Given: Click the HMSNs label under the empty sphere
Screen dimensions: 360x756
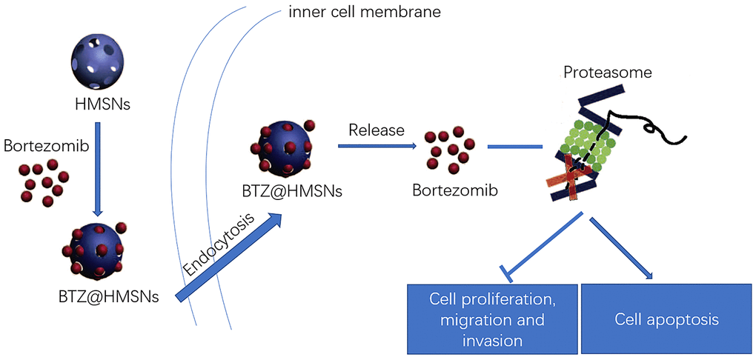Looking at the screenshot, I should click(x=102, y=104).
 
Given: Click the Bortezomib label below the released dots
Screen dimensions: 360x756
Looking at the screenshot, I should click(x=454, y=190).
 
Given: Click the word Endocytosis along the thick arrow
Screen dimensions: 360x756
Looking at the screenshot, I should click(x=219, y=245).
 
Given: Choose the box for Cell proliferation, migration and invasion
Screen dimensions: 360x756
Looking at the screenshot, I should click(x=492, y=319).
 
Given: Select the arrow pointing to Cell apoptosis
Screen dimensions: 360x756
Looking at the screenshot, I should click(x=623, y=249).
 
